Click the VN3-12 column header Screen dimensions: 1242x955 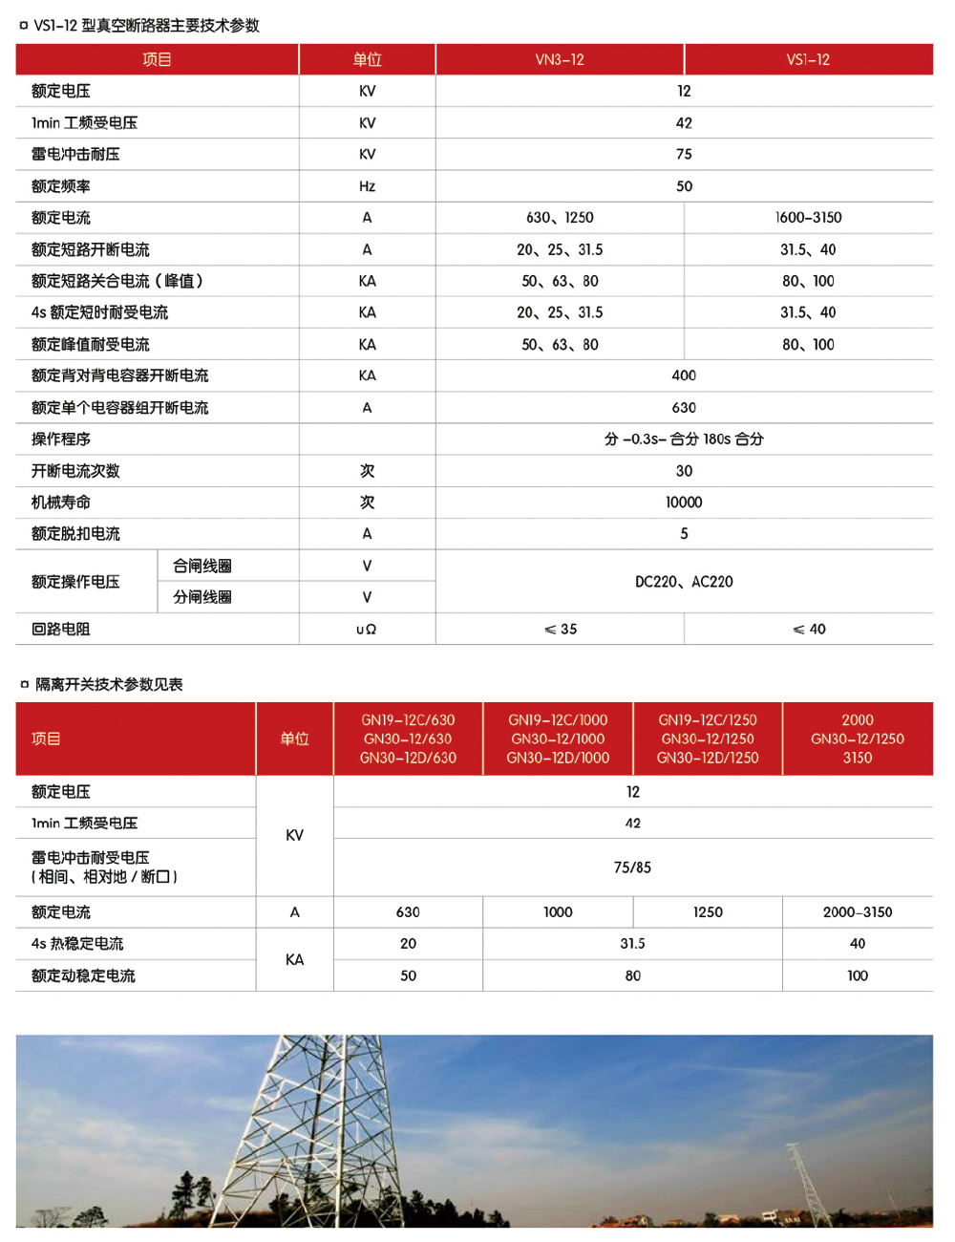pyautogui.click(x=560, y=59)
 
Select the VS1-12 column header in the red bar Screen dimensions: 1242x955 pyautogui.click(x=808, y=59)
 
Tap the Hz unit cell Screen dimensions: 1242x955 pyautogui.click(x=367, y=186)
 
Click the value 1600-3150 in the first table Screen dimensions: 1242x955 pyautogui.click(x=808, y=218)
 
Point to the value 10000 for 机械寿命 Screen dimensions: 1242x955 pyautogui.click(x=684, y=503)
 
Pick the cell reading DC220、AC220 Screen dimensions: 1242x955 pyautogui.click(x=684, y=582)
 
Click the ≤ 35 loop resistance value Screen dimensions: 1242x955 pyautogui.click(x=561, y=630)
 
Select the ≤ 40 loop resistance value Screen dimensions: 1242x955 pyautogui.click(x=809, y=630)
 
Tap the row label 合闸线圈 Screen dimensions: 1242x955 pyautogui.click(x=202, y=567)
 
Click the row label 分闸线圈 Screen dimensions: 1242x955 pyautogui.click(x=202, y=598)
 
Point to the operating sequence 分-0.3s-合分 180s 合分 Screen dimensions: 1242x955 pyautogui.click(x=684, y=439)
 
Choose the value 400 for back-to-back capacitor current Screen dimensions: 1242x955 pyautogui.click(x=684, y=375)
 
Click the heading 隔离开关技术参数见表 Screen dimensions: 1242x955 pyautogui.click(x=109, y=684)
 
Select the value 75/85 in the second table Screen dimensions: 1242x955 pyautogui.click(x=632, y=867)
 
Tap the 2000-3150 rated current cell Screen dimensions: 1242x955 pyautogui.click(x=858, y=912)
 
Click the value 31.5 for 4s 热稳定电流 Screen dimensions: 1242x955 pyautogui.click(x=632, y=944)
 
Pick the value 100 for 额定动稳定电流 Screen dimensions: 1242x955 pyautogui.click(x=858, y=975)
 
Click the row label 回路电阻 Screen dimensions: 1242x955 pyautogui.click(x=61, y=630)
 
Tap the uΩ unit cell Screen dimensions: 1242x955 pyautogui.click(x=367, y=630)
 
